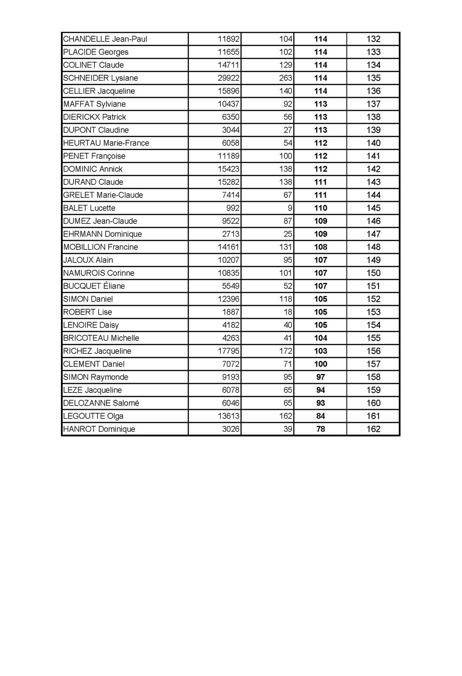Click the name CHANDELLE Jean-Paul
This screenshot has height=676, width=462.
point(105,39)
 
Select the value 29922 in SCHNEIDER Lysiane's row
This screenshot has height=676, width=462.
point(228,78)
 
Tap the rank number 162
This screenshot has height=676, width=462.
point(373,429)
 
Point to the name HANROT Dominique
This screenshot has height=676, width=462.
point(99,429)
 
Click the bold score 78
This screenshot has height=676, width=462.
point(320,429)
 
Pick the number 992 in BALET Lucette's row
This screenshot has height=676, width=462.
point(233,208)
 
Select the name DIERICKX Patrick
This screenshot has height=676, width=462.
point(95,117)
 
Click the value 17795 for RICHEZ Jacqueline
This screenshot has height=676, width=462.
point(228,351)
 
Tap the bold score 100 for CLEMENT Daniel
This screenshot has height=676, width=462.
point(320,364)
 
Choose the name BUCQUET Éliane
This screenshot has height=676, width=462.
point(94,286)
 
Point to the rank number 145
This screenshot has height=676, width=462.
point(373,208)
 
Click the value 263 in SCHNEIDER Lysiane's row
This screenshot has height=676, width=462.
point(286,78)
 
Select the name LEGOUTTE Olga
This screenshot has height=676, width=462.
point(93,416)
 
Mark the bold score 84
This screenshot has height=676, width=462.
point(320,416)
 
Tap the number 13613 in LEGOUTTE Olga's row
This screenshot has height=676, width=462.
point(228,416)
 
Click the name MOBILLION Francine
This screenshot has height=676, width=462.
point(101,247)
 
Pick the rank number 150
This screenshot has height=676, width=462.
point(373,273)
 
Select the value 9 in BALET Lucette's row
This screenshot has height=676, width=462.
point(290,208)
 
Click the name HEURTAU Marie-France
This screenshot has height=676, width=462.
point(106,143)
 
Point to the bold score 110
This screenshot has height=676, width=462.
point(320,208)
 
